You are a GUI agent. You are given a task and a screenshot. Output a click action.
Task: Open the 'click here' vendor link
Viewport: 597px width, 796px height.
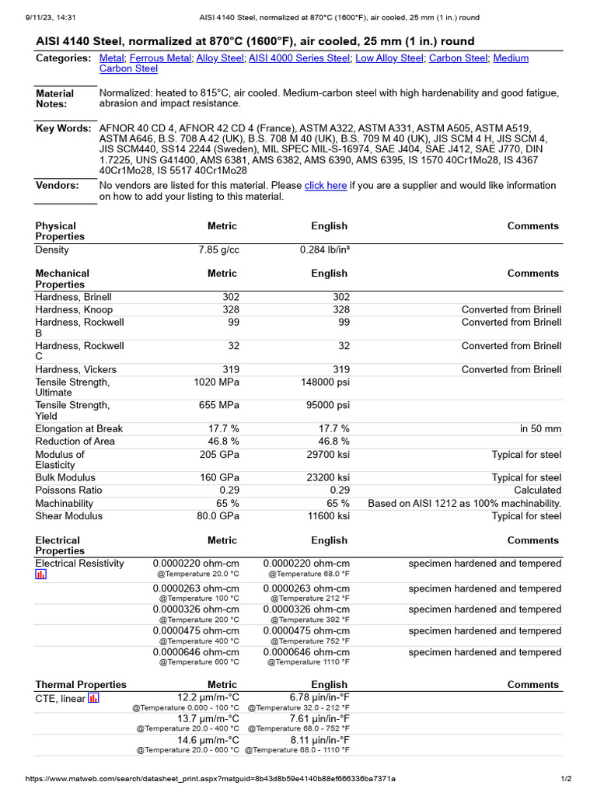pos(325,186)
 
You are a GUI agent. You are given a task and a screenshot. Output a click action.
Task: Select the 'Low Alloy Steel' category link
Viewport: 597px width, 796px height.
pos(389,58)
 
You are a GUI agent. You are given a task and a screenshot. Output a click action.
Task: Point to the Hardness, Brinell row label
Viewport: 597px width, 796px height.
pos(73,297)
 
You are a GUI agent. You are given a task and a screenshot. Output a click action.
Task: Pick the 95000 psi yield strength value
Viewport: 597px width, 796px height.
pos(325,406)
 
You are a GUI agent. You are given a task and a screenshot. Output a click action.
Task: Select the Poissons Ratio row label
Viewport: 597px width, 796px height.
pos(69,491)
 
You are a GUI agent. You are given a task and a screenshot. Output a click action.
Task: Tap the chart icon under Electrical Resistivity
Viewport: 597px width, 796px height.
pos(41,574)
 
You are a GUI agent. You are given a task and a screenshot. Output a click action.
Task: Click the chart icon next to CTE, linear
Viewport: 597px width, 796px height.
pos(93,698)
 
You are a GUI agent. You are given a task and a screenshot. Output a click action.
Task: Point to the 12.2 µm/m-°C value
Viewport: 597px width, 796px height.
pos(208,698)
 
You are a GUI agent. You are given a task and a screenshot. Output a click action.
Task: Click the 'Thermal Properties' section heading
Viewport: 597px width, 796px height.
pos(81,685)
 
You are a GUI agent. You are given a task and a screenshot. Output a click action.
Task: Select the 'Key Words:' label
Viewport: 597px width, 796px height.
pos(63,128)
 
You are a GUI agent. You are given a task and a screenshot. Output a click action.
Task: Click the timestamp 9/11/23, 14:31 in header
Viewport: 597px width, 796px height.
pos(31,17)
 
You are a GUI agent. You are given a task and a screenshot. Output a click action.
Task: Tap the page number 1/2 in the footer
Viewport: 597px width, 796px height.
pos(567,779)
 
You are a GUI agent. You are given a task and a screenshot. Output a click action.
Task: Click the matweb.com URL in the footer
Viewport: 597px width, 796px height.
pos(211,779)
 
